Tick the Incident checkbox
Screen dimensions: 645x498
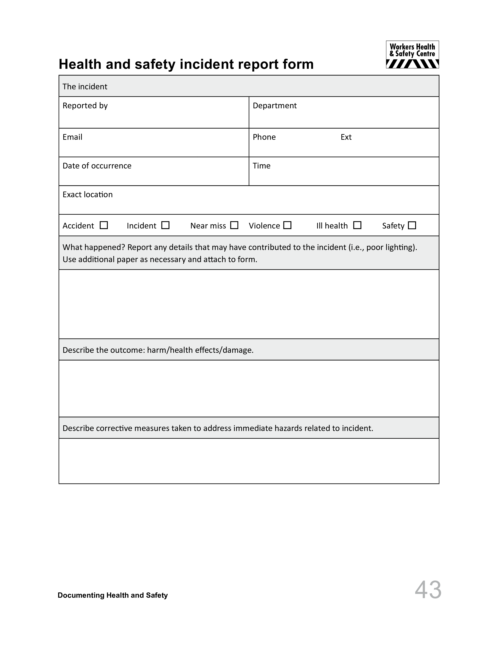tap(165, 225)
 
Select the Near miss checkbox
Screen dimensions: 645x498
tap(234, 225)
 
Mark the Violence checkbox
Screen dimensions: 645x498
tap(287, 225)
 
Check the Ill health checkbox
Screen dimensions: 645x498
tap(357, 225)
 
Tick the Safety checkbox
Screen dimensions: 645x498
tap(412, 226)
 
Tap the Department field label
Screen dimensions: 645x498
tap(275, 106)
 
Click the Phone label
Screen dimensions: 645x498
tap(264, 137)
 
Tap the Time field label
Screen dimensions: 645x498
tap(261, 166)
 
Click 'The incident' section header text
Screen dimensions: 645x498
tap(85, 87)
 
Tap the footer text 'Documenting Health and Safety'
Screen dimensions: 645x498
tap(113, 595)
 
